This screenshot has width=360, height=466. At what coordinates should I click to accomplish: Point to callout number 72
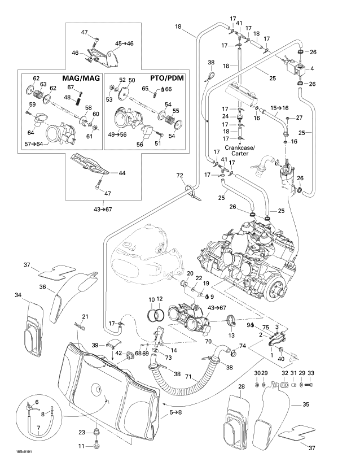(179, 176)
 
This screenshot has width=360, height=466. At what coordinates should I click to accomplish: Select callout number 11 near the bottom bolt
(81, 446)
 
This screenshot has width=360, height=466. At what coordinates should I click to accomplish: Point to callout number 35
(306, 405)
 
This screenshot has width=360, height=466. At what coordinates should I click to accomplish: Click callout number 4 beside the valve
(313, 68)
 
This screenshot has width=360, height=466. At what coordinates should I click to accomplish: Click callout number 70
(208, 341)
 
